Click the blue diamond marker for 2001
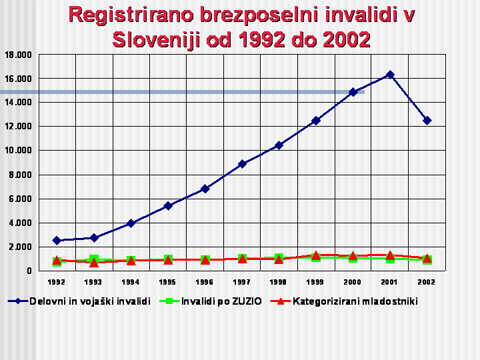point(390,75)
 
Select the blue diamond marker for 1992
point(57,240)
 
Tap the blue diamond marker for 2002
point(427,121)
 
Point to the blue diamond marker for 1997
point(242,163)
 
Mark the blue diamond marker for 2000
point(353,92)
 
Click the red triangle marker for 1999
point(316,255)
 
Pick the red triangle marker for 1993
point(94,262)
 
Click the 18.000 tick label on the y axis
point(18,55)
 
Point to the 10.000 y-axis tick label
point(18,151)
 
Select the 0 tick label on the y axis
point(29,271)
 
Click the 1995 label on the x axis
point(167,282)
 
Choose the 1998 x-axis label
point(279,282)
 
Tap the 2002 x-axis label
point(427,282)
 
